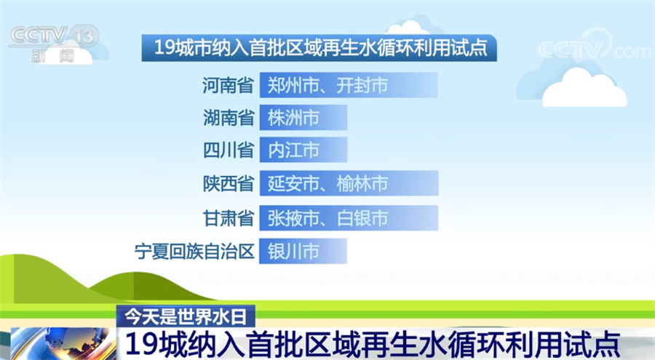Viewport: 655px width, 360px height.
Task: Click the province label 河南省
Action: [x=228, y=85]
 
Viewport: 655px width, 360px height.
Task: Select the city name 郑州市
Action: [x=293, y=85]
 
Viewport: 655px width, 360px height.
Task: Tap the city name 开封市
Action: [x=362, y=85]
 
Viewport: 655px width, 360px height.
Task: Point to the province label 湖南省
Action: [x=229, y=117]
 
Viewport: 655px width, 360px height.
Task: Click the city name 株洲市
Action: [x=294, y=117]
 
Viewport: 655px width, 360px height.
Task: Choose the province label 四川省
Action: [x=229, y=150]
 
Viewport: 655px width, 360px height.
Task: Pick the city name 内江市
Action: [x=294, y=150]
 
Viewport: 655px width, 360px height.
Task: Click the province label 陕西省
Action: [x=229, y=183]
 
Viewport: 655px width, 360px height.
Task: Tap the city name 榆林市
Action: [x=362, y=183]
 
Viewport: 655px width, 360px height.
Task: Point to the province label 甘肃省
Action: [x=229, y=218]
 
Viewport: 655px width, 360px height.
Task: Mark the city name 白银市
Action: [x=362, y=218]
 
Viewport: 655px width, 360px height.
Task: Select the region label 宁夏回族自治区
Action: [x=194, y=252]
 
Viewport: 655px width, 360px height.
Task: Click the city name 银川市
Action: [x=294, y=252]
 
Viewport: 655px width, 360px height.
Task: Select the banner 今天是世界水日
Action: [x=186, y=316]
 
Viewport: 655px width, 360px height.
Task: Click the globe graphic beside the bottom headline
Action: [x=63, y=344]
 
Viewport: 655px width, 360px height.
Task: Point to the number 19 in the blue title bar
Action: [x=164, y=48]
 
